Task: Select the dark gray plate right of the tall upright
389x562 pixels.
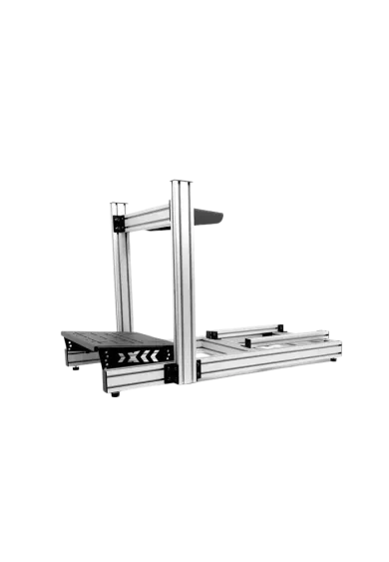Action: (211, 216)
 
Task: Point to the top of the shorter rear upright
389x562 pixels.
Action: (119, 205)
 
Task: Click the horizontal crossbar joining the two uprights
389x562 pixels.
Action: (150, 217)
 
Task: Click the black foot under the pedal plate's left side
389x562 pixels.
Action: (76, 370)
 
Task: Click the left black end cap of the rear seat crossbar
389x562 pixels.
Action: (209, 332)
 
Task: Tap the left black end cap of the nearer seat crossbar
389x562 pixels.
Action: (248, 341)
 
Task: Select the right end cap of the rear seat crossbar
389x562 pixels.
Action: (282, 326)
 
